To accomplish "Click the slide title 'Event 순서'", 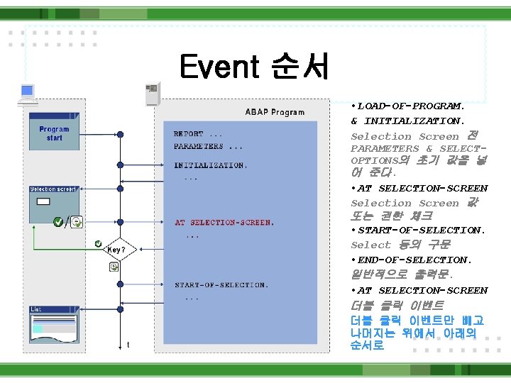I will (254, 67).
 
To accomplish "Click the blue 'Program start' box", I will (55, 134).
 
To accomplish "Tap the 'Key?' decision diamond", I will (116, 250).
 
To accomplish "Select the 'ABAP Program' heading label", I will (275, 112).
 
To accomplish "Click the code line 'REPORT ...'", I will (198, 134).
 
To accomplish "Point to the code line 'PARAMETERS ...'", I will (208, 147).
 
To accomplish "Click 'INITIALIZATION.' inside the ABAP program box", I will (211, 165).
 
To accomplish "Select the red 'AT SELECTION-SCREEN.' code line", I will (224, 223).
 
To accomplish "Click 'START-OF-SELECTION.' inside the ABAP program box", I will (221, 285).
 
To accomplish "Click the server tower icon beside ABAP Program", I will (150, 92).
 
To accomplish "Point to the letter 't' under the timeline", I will (128, 345).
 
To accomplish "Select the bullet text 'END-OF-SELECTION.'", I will (414, 260).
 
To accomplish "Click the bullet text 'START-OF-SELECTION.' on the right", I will (422, 231).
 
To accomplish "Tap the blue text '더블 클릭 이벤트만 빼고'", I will (417, 321).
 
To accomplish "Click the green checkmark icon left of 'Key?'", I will (98, 244).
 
